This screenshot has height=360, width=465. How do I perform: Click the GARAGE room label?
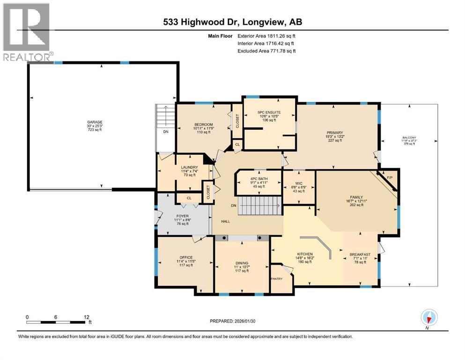click(x=94, y=122)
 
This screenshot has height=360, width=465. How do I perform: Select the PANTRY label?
click(x=278, y=279)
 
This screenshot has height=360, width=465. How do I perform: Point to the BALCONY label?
click(x=408, y=139)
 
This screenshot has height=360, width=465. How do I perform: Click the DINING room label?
click(x=242, y=263)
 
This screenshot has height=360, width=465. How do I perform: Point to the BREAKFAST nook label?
click(x=360, y=255)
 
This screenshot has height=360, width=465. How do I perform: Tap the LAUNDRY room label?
click(x=189, y=167)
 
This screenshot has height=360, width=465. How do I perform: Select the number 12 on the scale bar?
click(x=86, y=317)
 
